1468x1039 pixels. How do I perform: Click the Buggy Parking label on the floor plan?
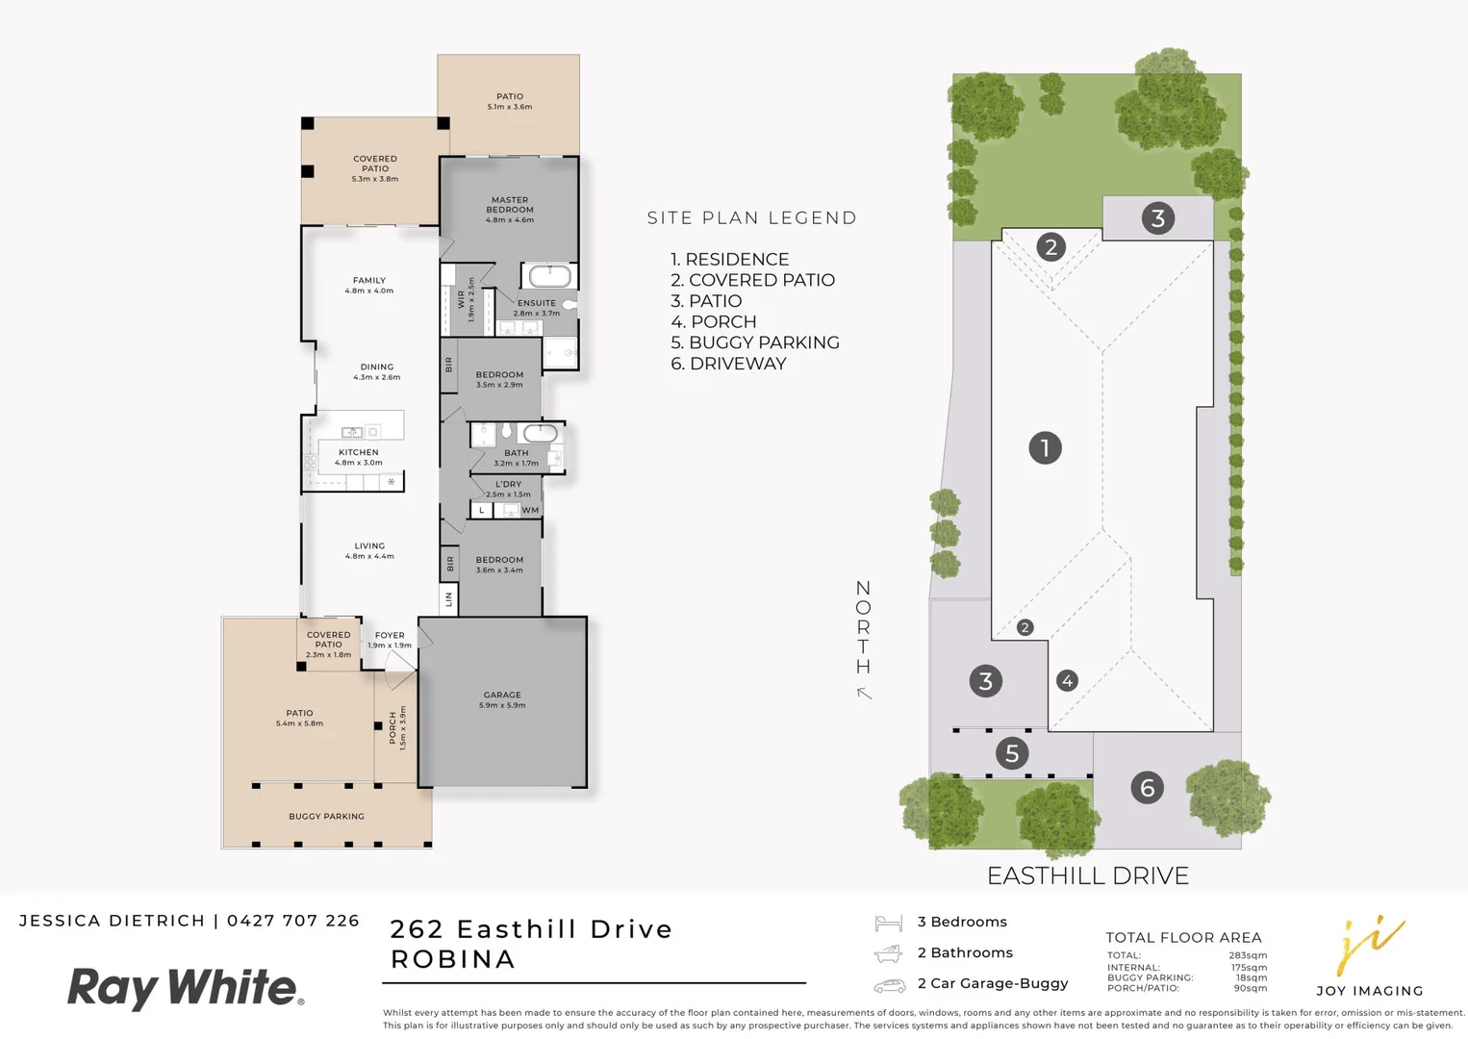pos(326,817)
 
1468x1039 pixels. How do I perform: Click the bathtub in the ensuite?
pos(549,277)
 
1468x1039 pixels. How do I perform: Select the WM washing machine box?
pos(530,511)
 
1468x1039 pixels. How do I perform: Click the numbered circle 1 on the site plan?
pos(1045,448)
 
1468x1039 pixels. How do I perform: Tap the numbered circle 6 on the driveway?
pos(1147,788)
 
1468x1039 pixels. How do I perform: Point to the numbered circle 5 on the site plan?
pos(1011,753)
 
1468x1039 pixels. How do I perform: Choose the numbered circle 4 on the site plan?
pos(1067,681)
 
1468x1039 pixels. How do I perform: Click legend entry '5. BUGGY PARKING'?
pos(755,342)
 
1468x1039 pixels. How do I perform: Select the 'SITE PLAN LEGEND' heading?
pos(751,218)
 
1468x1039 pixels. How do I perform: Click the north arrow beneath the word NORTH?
pos(865,693)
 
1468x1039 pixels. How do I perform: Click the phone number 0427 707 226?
pos(293,921)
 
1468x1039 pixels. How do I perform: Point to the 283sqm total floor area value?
pos(1248,955)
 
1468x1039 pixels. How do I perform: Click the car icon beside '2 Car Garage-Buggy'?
pos(889,985)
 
